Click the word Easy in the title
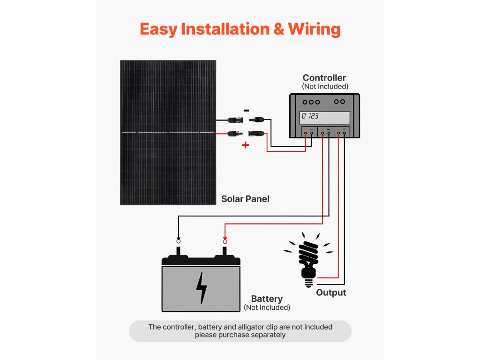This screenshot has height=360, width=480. pyautogui.click(x=158, y=30)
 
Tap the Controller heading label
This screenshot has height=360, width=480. pyautogui.click(x=324, y=78)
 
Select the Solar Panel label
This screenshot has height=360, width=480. pyautogui.click(x=245, y=199)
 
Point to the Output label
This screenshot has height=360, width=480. pyautogui.click(x=331, y=292)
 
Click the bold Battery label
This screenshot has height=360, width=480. pyautogui.click(x=267, y=299)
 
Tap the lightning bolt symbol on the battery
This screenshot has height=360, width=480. pyautogui.click(x=201, y=288)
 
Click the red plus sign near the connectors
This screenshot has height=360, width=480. pyautogui.click(x=245, y=145)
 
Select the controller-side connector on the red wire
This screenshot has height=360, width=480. pyautogui.click(x=256, y=134)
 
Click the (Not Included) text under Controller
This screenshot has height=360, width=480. pyautogui.click(x=325, y=87)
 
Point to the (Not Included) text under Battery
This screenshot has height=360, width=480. pyautogui.click(x=267, y=307)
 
